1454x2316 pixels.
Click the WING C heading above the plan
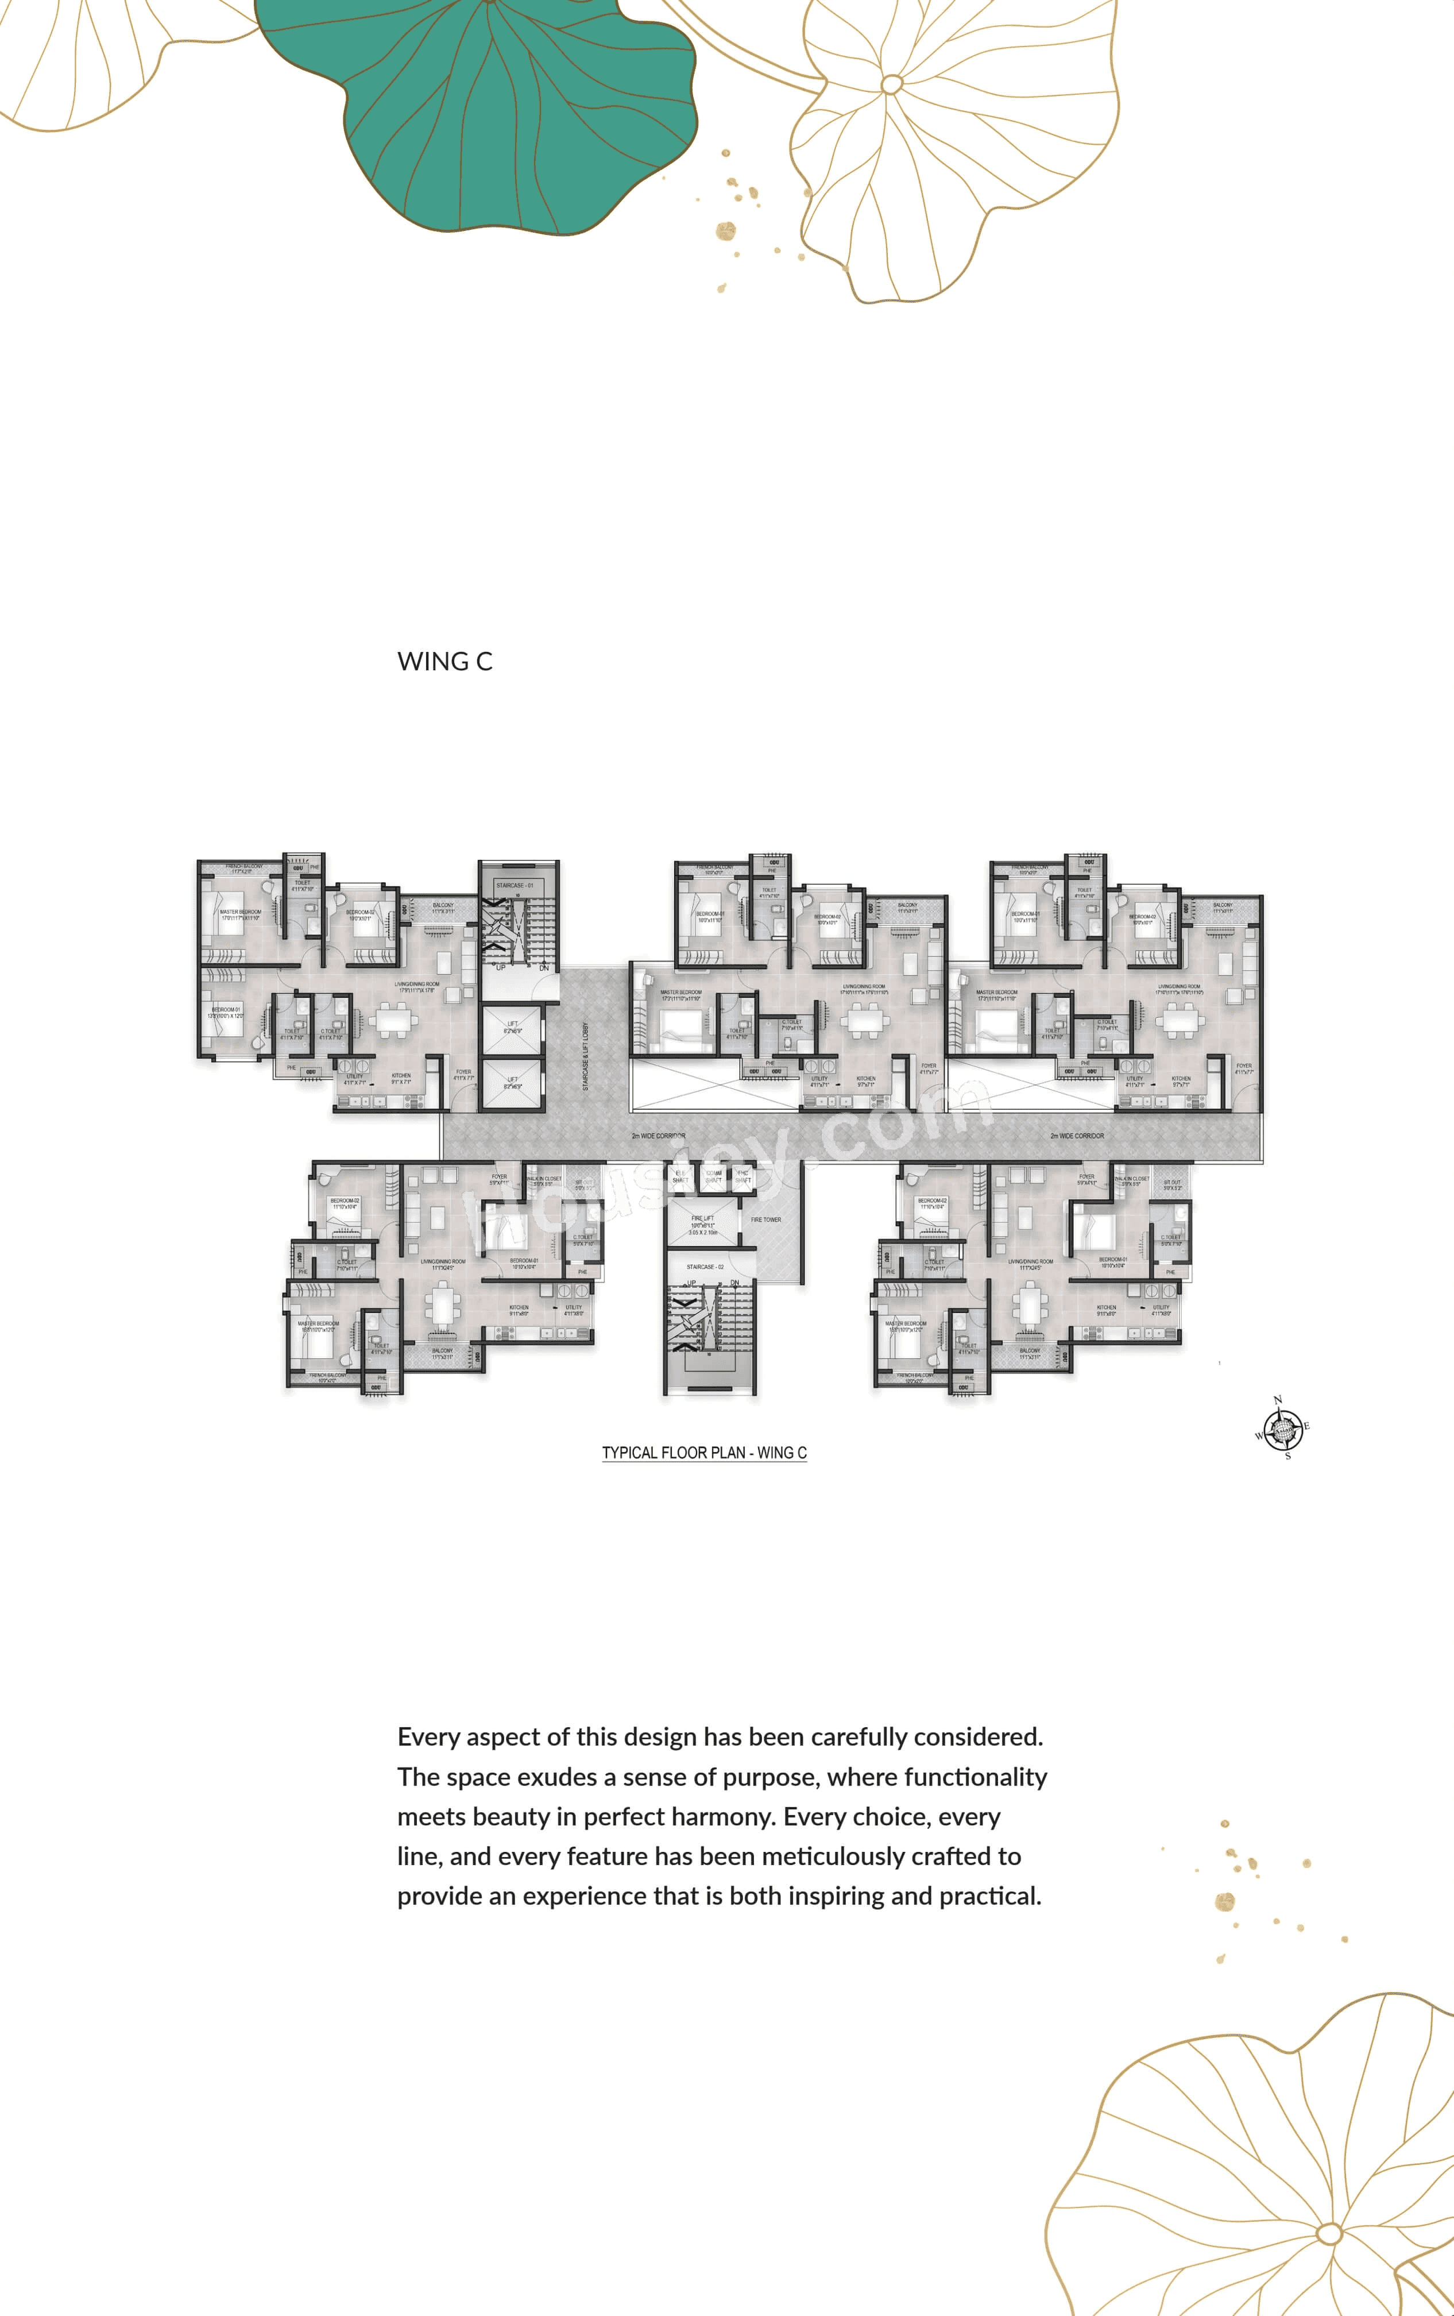444,662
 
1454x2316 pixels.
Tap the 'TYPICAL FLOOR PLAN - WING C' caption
704,1452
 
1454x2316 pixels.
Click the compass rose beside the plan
1282,1429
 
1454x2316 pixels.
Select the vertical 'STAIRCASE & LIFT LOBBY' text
586,1056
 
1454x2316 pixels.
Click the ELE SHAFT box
681,1176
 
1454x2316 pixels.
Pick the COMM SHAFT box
714,1176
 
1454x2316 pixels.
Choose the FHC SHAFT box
743,1176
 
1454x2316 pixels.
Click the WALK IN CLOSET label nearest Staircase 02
544,1180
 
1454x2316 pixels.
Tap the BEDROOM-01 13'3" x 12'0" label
227,1013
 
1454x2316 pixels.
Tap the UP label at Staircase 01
500,967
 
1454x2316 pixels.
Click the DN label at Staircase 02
734,1283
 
